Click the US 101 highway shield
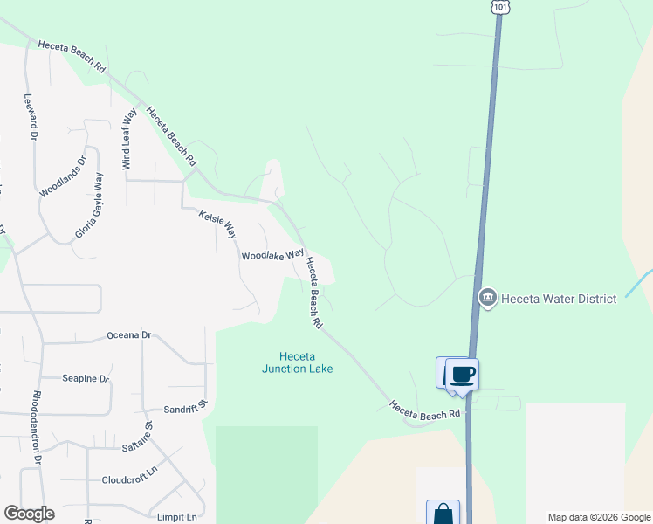coord(499,6)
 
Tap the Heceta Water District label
coord(560,299)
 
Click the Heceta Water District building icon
coord(487,299)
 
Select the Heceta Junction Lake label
coord(297,362)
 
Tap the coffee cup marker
coord(463,376)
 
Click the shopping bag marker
coord(443,514)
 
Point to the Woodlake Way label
coord(272,255)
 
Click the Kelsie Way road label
coord(217,224)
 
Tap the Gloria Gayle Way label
coord(91,205)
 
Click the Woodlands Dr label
coord(64,176)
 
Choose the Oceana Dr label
coord(128,335)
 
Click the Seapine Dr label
coord(85,378)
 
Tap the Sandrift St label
coord(185,406)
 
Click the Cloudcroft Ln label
coord(128,479)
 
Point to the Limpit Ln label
coord(177,516)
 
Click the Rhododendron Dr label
coord(38,427)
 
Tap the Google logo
coord(29,514)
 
